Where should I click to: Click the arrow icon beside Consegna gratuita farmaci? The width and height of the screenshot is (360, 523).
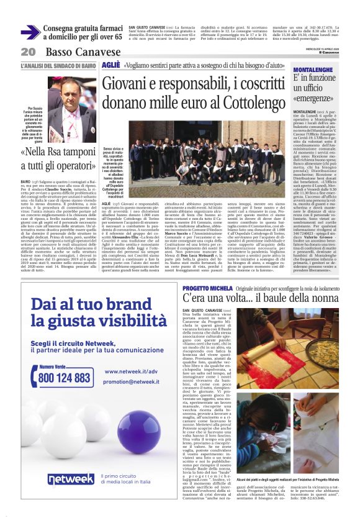pyautogui.click(x=30, y=32)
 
